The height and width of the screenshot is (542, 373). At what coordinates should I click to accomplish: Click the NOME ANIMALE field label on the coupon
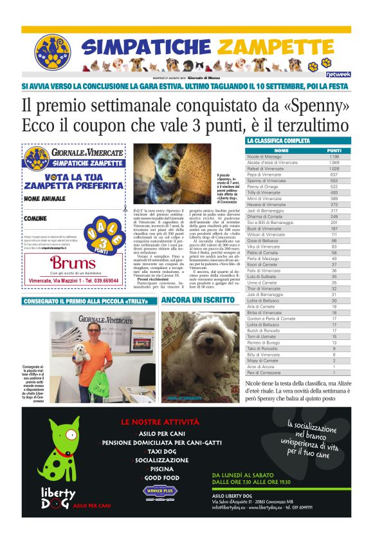pyautogui.click(x=45, y=198)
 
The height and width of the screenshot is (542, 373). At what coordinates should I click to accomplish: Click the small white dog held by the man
pyautogui.click(x=78, y=350)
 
